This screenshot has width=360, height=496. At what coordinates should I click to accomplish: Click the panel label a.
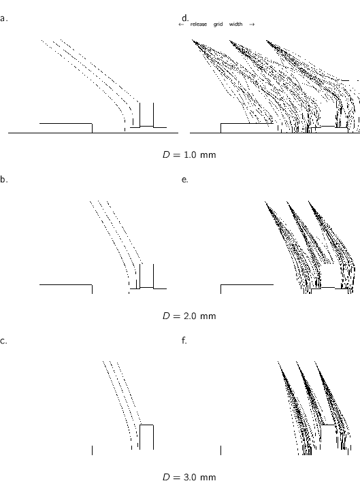[x=4, y=18]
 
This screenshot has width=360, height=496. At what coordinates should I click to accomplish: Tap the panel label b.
[x=4, y=180]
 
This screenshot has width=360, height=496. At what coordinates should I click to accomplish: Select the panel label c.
[x=4, y=340]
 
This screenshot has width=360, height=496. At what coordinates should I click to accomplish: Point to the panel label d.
[x=184, y=17]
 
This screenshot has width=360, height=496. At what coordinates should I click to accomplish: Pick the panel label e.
[x=184, y=180]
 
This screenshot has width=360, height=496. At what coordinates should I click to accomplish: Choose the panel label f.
[x=184, y=340]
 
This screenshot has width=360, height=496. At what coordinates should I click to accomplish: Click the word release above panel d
[x=199, y=24]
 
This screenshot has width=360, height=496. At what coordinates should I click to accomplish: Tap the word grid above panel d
[x=218, y=24]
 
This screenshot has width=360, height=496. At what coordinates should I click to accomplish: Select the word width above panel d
[x=235, y=24]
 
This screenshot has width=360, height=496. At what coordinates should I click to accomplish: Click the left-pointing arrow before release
[x=180, y=24]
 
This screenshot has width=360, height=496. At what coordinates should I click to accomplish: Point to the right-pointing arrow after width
[x=252, y=24]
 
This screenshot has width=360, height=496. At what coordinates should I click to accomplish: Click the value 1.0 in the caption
[x=191, y=155]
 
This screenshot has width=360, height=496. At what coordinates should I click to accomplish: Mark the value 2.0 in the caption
[x=191, y=316]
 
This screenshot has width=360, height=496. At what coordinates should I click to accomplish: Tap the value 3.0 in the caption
[x=191, y=476]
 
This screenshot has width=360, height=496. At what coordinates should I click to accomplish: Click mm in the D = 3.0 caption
[x=209, y=476]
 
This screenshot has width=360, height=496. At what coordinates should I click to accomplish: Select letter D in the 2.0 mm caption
[x=165, y=316]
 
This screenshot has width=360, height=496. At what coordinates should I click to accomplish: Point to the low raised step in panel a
[x=65, y=127]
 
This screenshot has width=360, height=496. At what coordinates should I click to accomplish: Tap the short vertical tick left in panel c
[x=92, y=450]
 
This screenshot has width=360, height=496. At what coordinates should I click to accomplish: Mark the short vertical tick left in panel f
[x=221, y=450]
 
